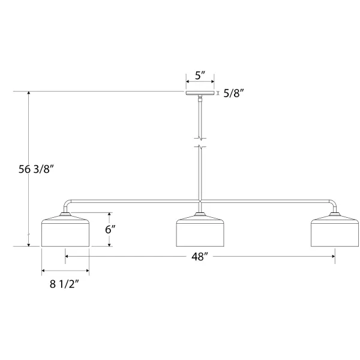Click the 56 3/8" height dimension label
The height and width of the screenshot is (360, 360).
tap(36, 169)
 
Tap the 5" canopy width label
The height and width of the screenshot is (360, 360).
tap(200, 76)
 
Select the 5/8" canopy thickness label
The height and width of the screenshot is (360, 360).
tap(233, 93)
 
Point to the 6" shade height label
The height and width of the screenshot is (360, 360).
tap(110, 229)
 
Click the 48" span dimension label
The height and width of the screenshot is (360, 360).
tap(200, 256)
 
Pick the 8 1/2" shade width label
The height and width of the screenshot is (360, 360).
tap(64, 284)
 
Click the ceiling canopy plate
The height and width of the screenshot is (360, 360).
tap(200, 93)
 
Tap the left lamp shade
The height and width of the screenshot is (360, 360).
tap(65, 230)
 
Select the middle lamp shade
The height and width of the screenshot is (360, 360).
tap(200, 230)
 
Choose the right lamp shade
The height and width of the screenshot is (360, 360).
tap(335, 230)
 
